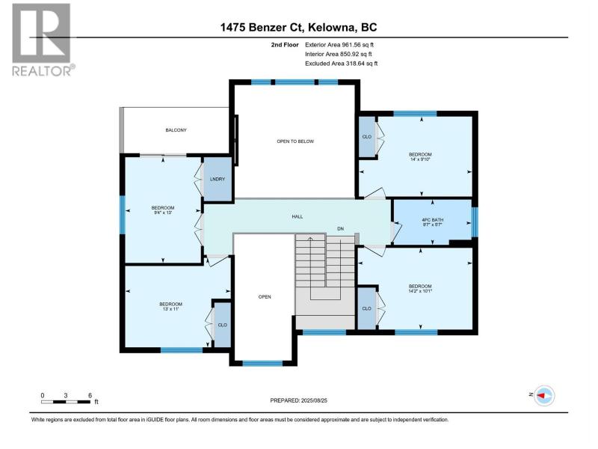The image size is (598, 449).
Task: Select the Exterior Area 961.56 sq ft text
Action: pos(339,45)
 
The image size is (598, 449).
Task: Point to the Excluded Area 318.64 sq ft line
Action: pos(341,64)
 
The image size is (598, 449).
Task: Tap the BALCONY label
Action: pos(176,130)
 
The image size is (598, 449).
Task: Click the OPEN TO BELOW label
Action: pos(295,141)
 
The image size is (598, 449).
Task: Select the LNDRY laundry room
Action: pos(218,179)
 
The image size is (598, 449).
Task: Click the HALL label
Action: pos(297,216)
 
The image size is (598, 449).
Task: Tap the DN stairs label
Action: pos(340,229)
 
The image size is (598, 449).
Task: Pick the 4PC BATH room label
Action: pos(433,220)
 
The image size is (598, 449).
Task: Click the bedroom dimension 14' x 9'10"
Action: pos(420,159)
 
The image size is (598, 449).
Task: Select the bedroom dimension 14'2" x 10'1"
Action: pos(420,291)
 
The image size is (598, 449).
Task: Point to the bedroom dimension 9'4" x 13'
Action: pos(162,213)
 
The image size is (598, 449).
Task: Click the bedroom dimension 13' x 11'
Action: pos(170,309)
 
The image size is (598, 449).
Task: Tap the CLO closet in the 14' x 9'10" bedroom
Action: pos(367,137)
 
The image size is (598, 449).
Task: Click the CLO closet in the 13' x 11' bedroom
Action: pos(222,325)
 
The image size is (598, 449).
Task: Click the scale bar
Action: pos(66,402)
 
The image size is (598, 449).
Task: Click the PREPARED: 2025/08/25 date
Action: pos(298,400)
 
